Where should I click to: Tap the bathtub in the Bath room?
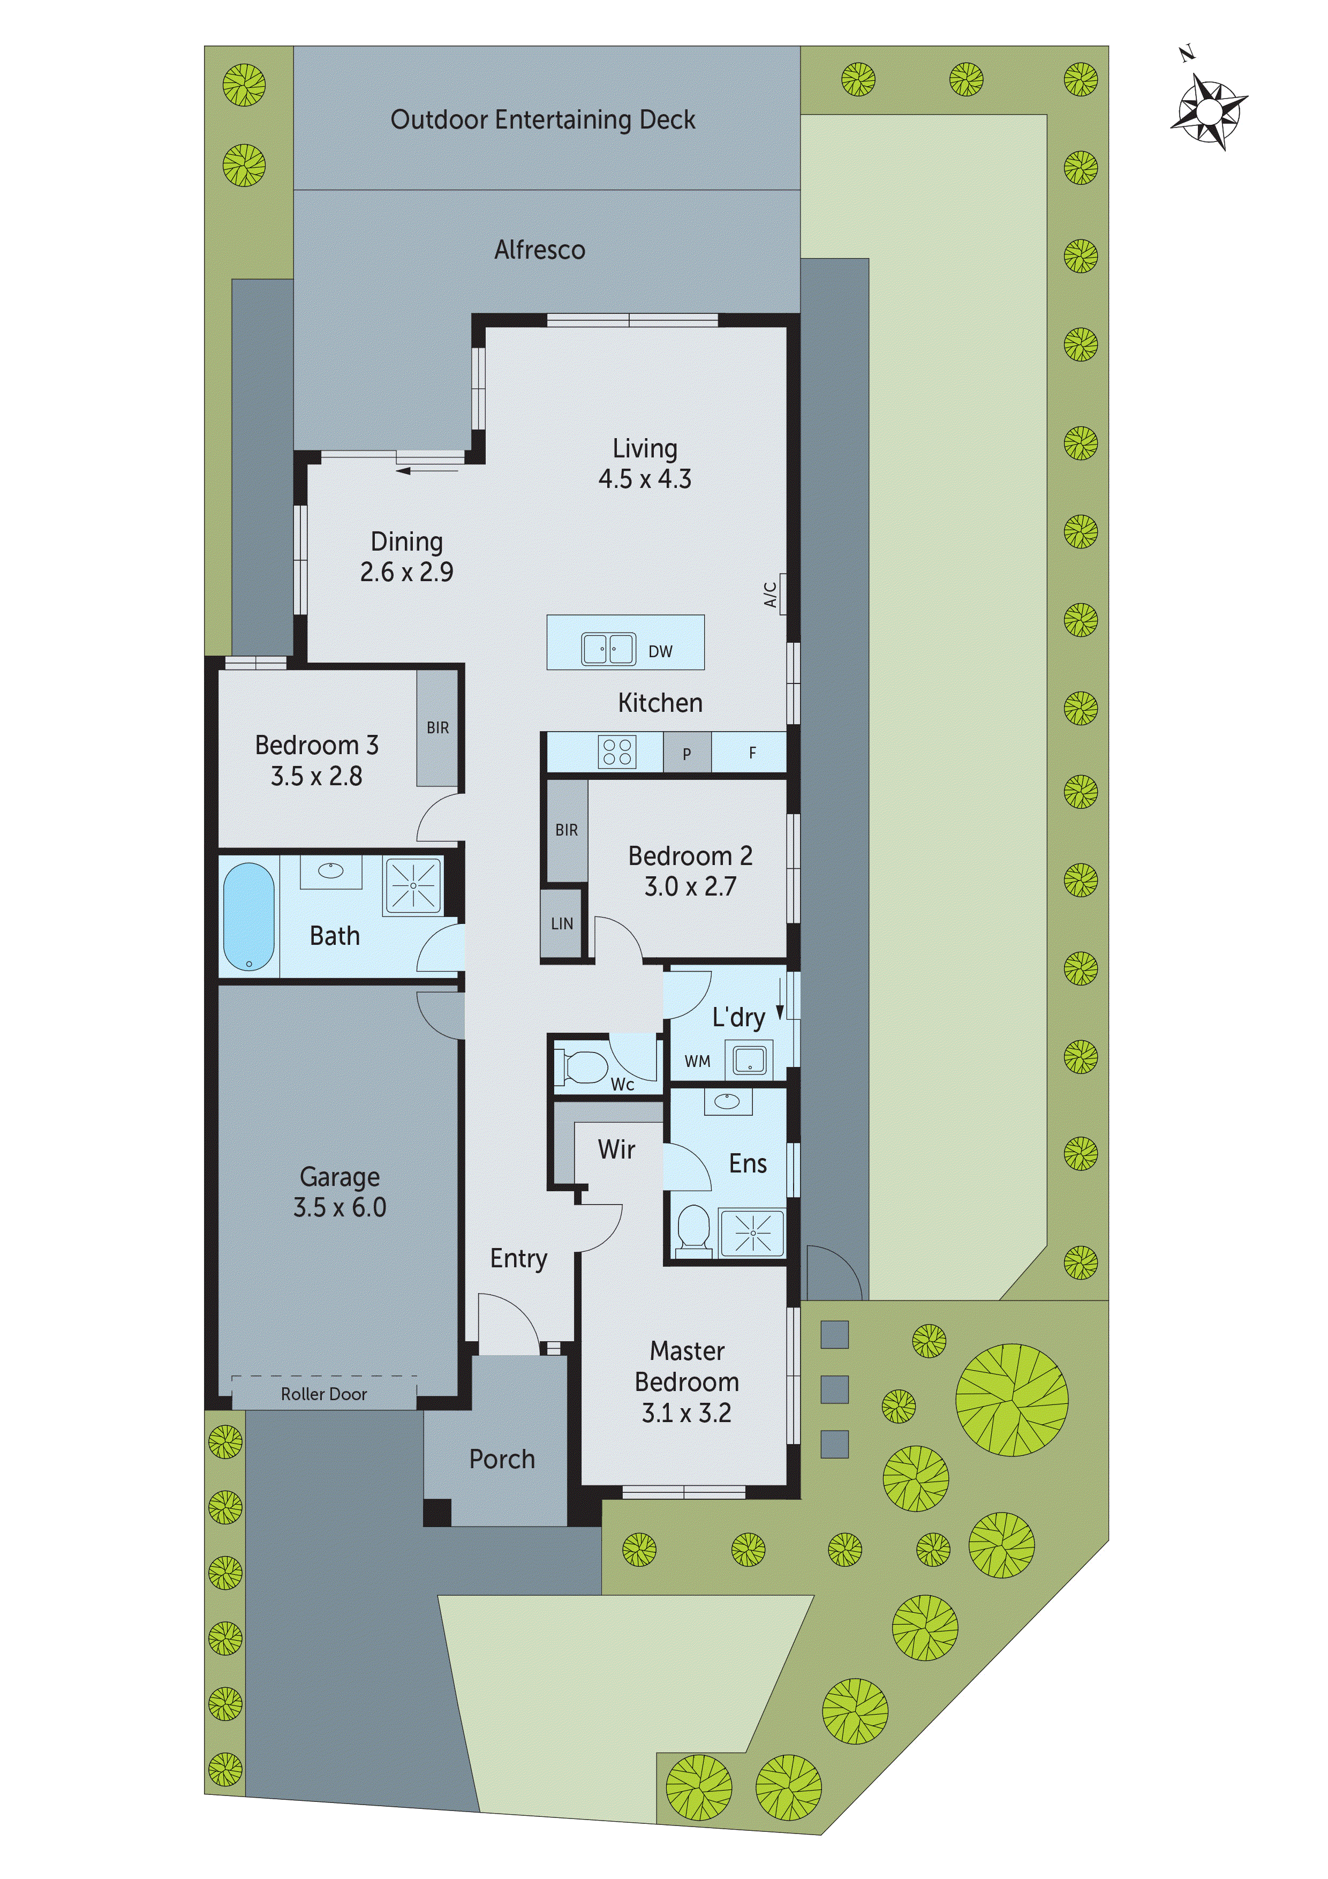click(x=249, y=916)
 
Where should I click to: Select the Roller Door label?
click(x=323, y=1394)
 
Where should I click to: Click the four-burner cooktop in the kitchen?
click(x=616, y=751)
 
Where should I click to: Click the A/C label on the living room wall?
click(x=770, y=595)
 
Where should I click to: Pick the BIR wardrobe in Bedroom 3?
click(x=437, y=727)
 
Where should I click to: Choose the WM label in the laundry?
click(x=697, y=1062)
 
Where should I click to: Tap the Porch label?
click(x=502, y=1459)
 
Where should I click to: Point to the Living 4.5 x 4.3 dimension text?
click(x=645, y=479)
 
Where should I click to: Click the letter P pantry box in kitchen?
click(x=686, y=753)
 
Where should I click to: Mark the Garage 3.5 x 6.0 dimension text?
click(x=339, y=1207)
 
